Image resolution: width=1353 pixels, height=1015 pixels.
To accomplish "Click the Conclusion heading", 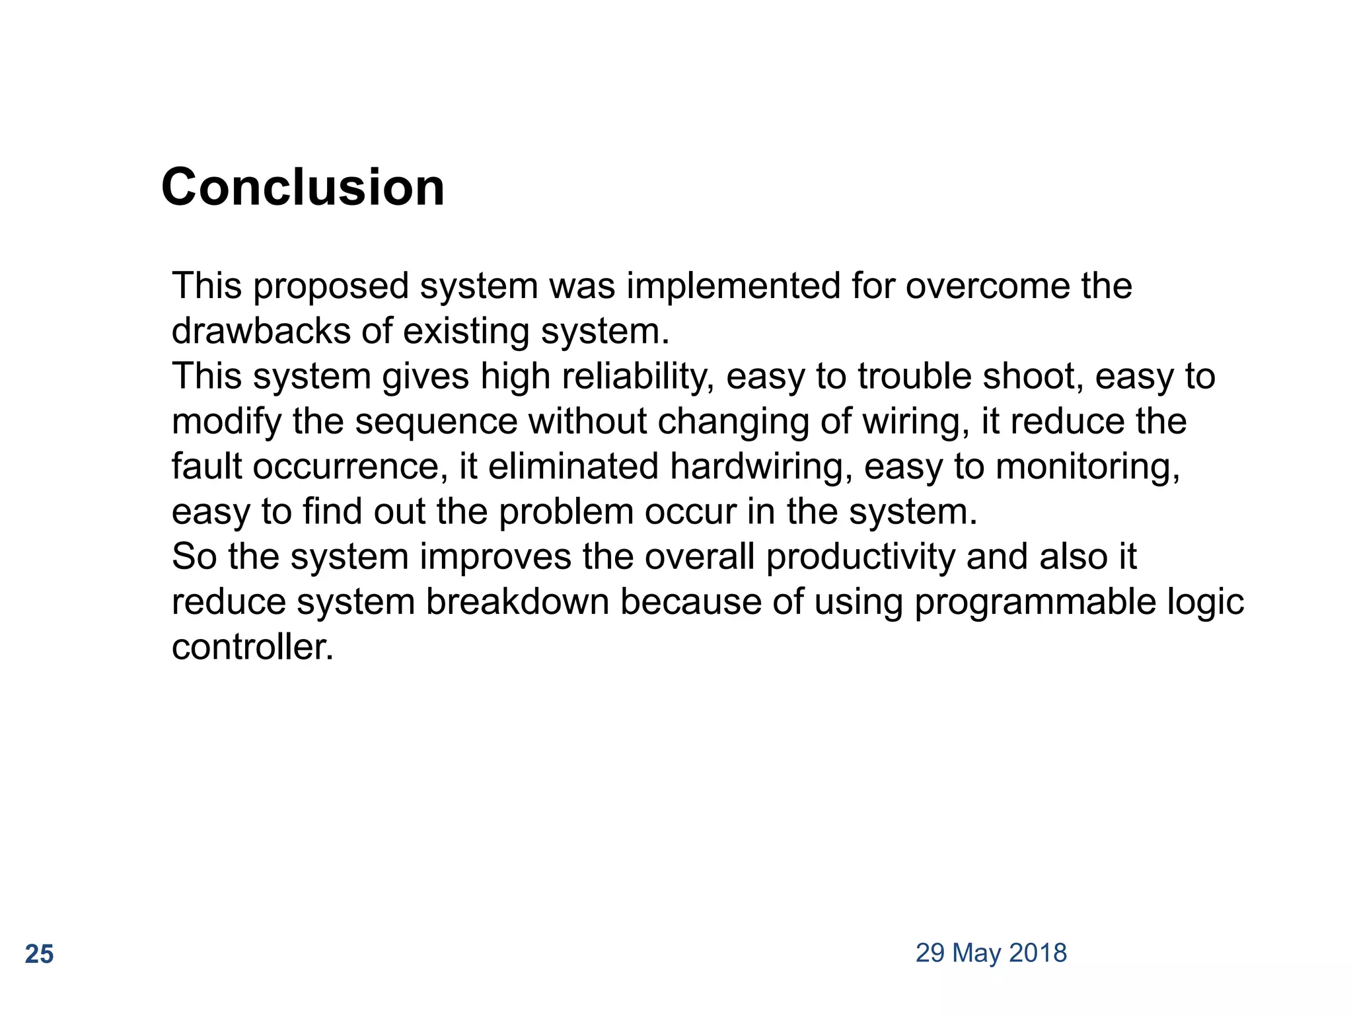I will coord(303,187).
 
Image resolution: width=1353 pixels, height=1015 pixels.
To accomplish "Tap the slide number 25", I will coord(39,954).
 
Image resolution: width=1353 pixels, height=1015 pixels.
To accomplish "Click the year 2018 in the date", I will coord(1038,953).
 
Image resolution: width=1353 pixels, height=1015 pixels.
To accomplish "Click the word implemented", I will coord(733,285).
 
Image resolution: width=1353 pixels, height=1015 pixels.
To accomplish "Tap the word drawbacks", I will coord(261,330).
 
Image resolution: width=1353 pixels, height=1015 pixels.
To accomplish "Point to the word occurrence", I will coord(346,467).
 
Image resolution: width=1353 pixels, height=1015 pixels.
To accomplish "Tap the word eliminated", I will coord(573,466).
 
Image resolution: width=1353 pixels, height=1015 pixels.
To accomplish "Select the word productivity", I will coord(861,557).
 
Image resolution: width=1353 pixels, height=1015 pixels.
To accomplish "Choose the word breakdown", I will coord(517,601).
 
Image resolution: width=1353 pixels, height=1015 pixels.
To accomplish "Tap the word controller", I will coord(252,646).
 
